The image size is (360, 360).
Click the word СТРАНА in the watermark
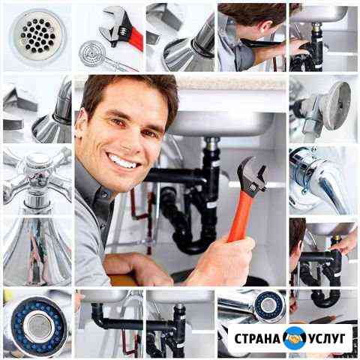pyautogui.click(x=257, y=338)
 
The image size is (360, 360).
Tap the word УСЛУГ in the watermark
pyautogui.click(x=327, y=338)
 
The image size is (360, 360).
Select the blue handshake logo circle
pyautogui.click(x=295, y=338)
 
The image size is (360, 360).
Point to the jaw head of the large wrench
pyautogui.click(x=252, y=175)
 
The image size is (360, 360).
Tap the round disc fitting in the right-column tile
pyautogui.click(x=335, y=106)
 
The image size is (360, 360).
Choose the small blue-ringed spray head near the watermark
pyautogui.click(x=269, y=306)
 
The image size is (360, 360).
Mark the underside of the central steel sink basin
pyautogui.click(x=220, y=124)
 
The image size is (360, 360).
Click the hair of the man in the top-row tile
pyautogui.click(x=252, y=12)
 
